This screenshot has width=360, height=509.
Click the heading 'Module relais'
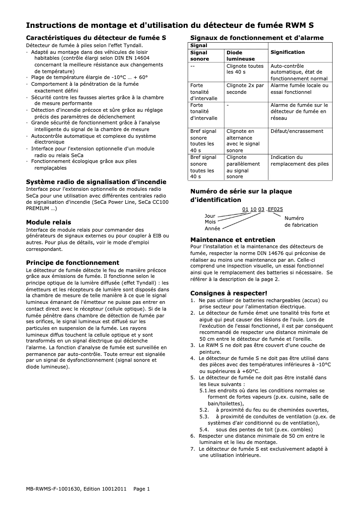pos(48,222)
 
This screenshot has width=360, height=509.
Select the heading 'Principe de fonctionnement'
pos(72,263)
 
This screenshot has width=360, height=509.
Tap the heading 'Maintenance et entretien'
pos(233,240)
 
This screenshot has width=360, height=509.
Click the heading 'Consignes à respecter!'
pos(229,293)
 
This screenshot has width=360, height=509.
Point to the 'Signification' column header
pos(287,53)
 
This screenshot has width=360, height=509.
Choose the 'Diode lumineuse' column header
pos(241,56)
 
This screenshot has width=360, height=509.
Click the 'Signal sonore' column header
pos(200,56)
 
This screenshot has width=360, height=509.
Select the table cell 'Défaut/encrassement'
pos(297,131)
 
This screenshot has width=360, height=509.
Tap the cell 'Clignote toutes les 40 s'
pos(245,69)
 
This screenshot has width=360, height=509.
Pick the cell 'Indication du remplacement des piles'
pos(299,161)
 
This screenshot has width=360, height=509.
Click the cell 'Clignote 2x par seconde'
pos(245,88)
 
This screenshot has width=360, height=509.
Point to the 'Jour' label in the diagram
pos(210,216)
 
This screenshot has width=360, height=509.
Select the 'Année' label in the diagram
pos(212,228)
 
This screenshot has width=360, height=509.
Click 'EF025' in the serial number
pos(275,210)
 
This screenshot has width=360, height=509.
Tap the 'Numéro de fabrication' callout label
pos(301,221)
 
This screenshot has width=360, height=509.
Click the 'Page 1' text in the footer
pos(142,489)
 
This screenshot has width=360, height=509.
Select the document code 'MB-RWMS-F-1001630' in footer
pos(53,489)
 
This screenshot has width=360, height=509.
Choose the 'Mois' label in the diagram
pos(210,222)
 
